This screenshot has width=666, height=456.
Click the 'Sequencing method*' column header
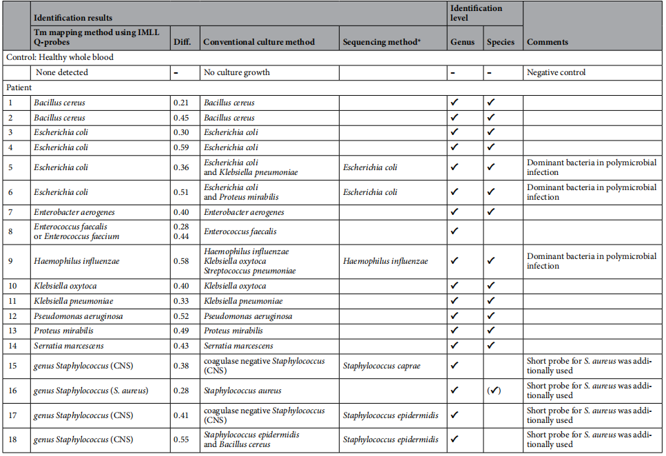pyautogui.click(x=381, y=42)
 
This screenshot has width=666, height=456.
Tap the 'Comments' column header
pyautogui.click(x=548, y=42)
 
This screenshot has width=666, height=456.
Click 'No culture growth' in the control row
pyautogui.click(x=236, y=72)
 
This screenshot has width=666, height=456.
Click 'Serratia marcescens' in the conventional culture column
pyautogui.click(x=238, y=346)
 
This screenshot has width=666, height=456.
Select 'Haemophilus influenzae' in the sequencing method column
pyautogui.click(x=385, y=261)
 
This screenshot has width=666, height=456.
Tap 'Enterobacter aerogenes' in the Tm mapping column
pyautogui.click(x=72, y=212)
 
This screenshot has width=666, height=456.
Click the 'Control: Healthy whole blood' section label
pyautogui.click(x=60, y=57)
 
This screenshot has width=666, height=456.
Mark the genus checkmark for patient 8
pyautogui.click(x=454, y=231)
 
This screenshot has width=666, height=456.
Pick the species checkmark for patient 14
pyautogui.click(x=491, y=346)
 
